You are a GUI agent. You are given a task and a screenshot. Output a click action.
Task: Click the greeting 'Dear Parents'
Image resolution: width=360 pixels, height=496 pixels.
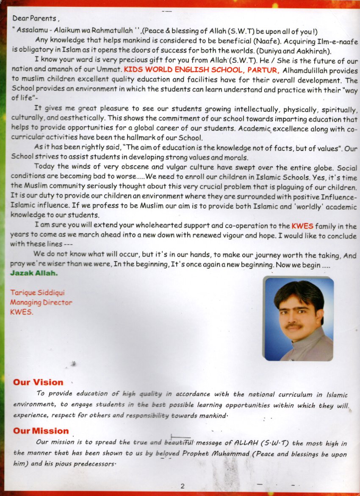pyautogui.click(x=34, y=18)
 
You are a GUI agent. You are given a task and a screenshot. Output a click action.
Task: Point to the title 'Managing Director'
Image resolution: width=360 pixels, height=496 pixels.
pyautogui.click(x=41, y=302)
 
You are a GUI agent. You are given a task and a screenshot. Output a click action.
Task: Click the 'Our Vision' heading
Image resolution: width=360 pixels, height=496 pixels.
pyautogui.click(x=38, y=382)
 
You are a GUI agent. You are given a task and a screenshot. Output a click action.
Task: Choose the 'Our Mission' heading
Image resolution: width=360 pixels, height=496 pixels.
pyautogui.click(x=41, y=431)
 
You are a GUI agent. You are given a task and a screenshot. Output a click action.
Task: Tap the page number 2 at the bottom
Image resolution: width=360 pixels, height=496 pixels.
pyautogui.click(x=182, y=486)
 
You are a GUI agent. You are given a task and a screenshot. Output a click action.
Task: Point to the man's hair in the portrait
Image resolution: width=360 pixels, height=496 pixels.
pyautogui.click(x=299, y=291)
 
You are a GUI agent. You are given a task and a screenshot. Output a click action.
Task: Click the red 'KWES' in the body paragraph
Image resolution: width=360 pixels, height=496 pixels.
pyautogui.click(x=302, y=226)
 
